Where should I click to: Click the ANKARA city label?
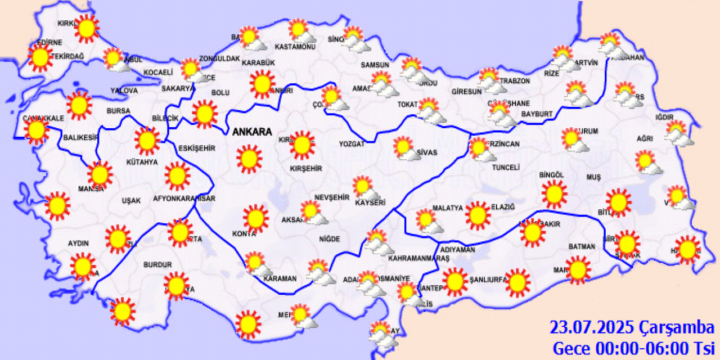(x=252, y=132)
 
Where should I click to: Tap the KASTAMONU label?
(x=295, y=47)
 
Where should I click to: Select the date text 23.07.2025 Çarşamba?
(x=632, y=327)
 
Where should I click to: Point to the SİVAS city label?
(x=427, y=152)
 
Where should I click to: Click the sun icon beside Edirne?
(x=40, y=57)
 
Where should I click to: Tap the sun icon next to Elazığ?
(x=478, y=215)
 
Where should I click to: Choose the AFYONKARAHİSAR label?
(x=184, y=199)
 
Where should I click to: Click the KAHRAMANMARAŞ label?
(x=418, y=258)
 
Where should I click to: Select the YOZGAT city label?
(x=352, y=144)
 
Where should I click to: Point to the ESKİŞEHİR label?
(x=197, y=148)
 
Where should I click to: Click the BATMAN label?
(x=582, y=246)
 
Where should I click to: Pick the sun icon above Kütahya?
(x=147, y=141)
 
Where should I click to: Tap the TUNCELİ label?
(x=505, y=168)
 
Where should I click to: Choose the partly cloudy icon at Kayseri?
(x=363, y=187)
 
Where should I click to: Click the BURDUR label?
(x=157, y=264)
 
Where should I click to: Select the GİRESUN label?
(x=466, y=92)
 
